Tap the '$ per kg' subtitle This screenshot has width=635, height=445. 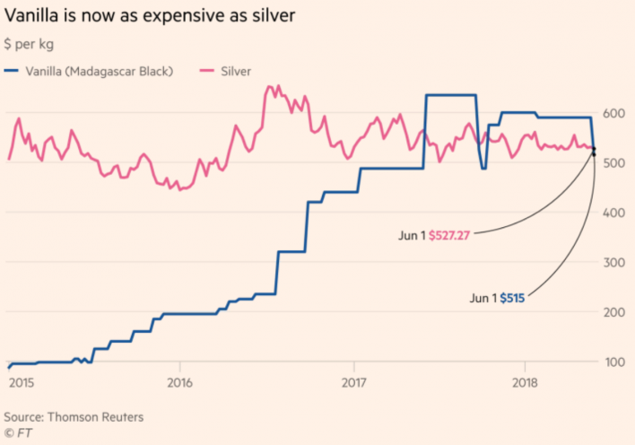pyautogui.click(x=31, y=43)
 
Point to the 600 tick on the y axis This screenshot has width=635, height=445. pyautogui.click(x=615, y=113)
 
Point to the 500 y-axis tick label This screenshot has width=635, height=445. pyautogui.click(x=615, y=162)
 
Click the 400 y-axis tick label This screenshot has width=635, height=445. pyautogui.click(x=615, y=213)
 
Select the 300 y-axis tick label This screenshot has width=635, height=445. pyautogui.click(x=615, y=262)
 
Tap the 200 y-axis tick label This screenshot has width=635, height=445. pyautogui.click(x=615, y=311)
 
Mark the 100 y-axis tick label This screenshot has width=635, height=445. pyautogui.click(x=615, y=361)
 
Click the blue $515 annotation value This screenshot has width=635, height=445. pyautogui.click(x=512, y=298)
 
